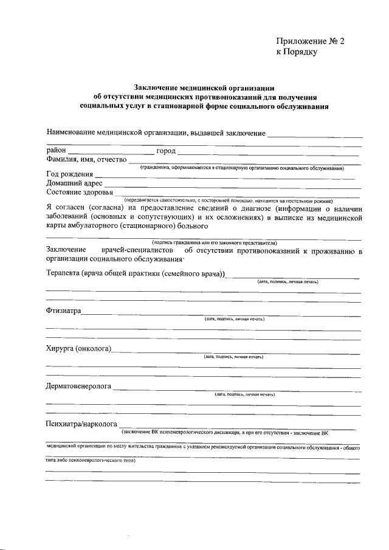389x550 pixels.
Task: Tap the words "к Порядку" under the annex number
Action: tap(297, 52)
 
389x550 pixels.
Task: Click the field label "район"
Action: tap(56, 151)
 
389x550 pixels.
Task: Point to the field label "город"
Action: tap(165, 151)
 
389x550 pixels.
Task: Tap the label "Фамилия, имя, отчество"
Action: tap(86, 160)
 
